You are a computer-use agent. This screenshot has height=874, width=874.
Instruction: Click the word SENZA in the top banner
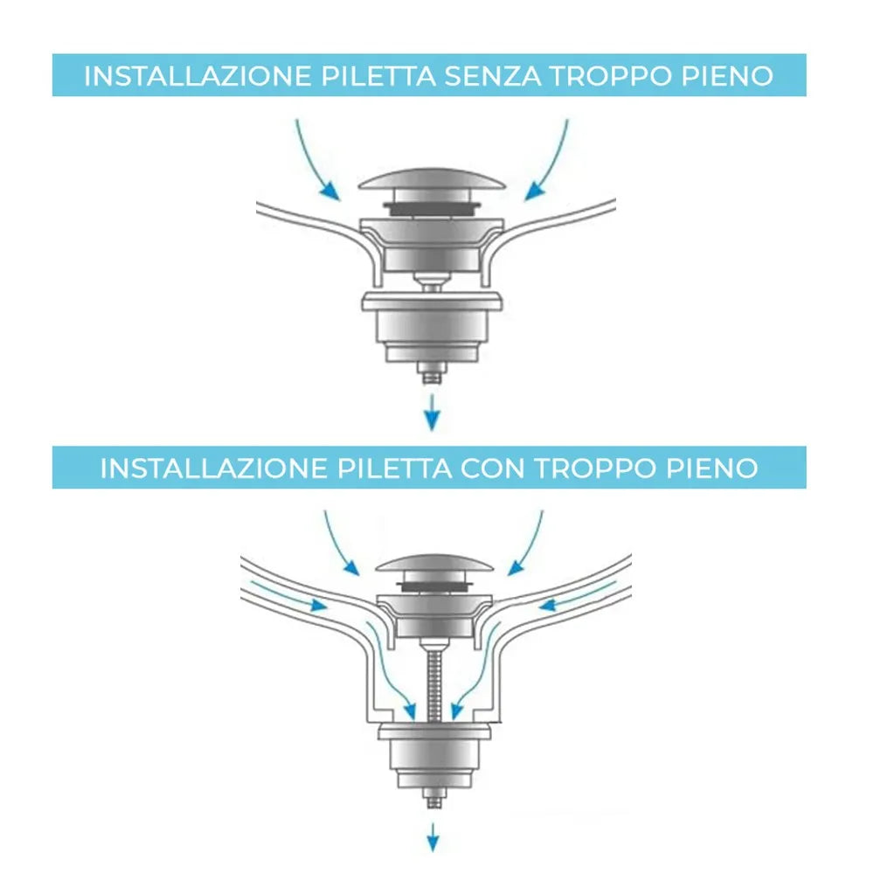(491, 76)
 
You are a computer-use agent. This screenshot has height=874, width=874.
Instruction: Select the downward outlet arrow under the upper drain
(430, 413)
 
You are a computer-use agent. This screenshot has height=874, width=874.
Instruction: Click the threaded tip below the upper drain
(430, 374)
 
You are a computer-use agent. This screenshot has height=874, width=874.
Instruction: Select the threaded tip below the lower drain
(432, 800)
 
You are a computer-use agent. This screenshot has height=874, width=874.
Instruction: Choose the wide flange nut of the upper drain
(432, 305)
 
